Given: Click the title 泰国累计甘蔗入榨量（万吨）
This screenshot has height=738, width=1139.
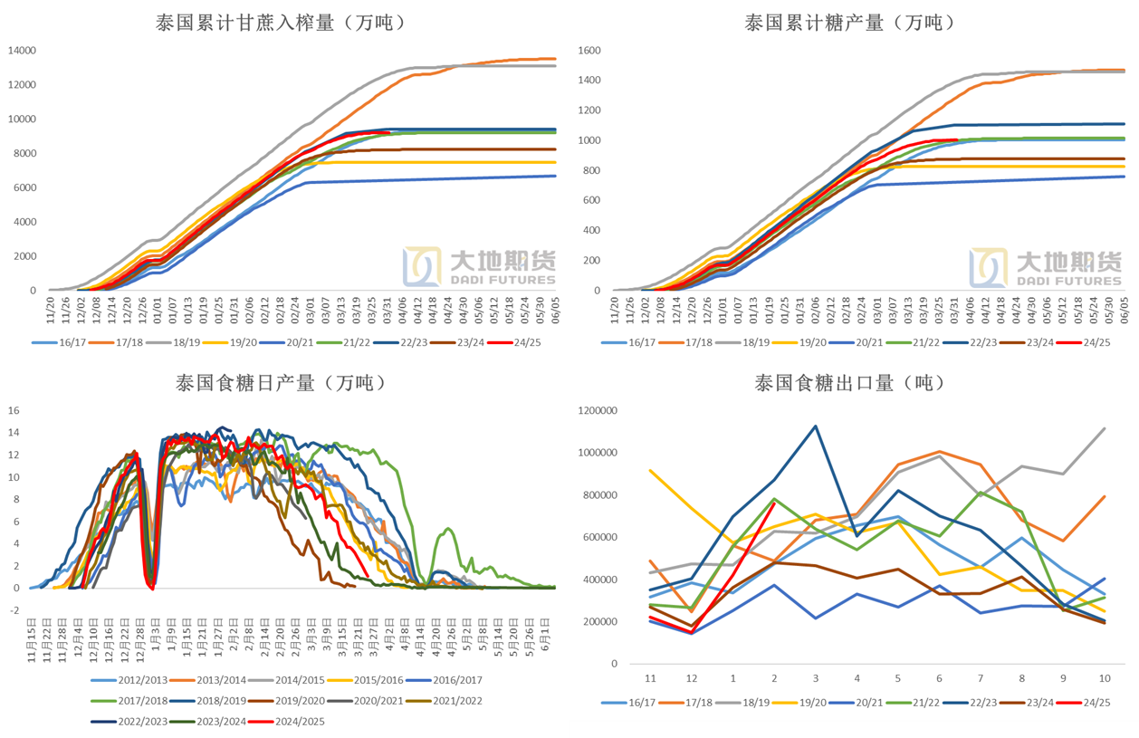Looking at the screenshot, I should pyautogui.click(x=280, y=24).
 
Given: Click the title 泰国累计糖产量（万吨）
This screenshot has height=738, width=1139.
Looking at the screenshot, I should pyautogui.click(x=850, y=24).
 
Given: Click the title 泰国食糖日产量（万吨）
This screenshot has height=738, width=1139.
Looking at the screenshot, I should pyautogui.click(x=281, y=383).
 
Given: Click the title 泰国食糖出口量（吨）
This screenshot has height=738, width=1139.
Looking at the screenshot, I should pyautogui.click(x=850, y=383).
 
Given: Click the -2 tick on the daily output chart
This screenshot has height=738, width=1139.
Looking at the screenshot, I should pyautogui.click(x=14, y=610).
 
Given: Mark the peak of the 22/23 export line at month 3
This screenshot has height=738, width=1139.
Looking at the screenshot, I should pyautogui.click(x=816, y=426).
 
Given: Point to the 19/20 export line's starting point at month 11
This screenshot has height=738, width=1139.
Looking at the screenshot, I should pyautogui.click(x=649, y=470).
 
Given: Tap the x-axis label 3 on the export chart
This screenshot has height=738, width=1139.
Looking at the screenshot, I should pyautogui.click(x=816, y=678).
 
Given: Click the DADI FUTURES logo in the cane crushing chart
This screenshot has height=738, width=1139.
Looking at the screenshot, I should pyautogui.click(x=480, y=267).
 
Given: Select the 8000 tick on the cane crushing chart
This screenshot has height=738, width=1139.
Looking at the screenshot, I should pyautogui.click(x=23, y=153).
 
